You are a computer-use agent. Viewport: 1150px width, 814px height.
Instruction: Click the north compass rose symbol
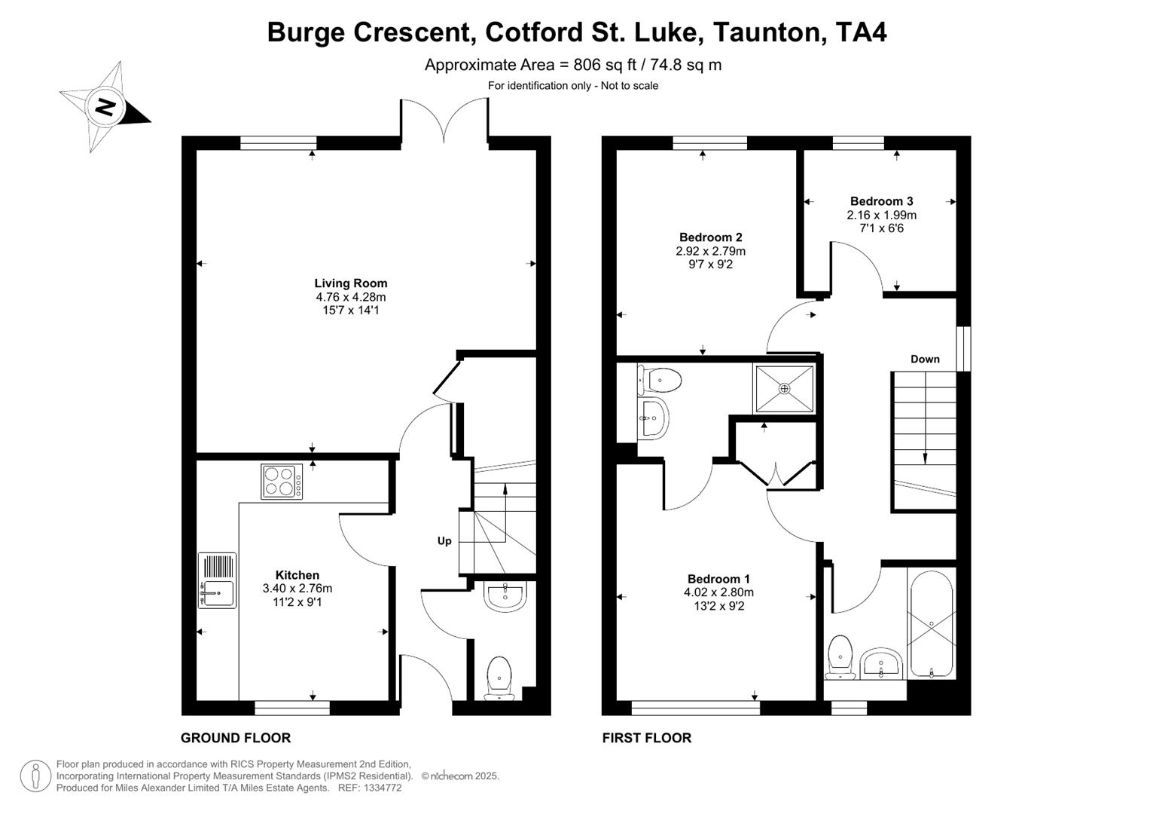105,107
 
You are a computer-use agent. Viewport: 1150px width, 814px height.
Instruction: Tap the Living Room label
351,283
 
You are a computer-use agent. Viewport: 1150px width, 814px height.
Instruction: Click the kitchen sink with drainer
217,580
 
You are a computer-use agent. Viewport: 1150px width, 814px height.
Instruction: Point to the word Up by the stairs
444,541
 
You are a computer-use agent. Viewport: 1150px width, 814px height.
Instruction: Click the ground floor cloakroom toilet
499,677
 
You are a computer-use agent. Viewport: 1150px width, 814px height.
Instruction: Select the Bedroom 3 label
881,201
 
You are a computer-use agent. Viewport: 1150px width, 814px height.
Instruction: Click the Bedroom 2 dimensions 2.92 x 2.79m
710,251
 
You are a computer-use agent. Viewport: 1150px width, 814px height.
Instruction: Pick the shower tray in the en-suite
785,389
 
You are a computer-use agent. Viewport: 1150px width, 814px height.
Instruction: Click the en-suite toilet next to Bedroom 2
660,380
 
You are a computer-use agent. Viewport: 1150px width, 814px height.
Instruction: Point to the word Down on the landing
925,359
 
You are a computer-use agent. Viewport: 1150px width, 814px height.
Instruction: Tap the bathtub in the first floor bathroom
932,624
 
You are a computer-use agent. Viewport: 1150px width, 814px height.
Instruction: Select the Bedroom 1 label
718,579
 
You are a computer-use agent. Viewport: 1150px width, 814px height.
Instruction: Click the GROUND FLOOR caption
236,738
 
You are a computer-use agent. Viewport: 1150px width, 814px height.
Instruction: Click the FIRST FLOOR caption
646,738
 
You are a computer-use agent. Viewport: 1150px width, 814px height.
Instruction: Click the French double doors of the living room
444,121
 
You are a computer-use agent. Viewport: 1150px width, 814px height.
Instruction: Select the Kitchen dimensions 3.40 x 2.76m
297,589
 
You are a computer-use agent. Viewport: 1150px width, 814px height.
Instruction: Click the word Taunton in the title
767,32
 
